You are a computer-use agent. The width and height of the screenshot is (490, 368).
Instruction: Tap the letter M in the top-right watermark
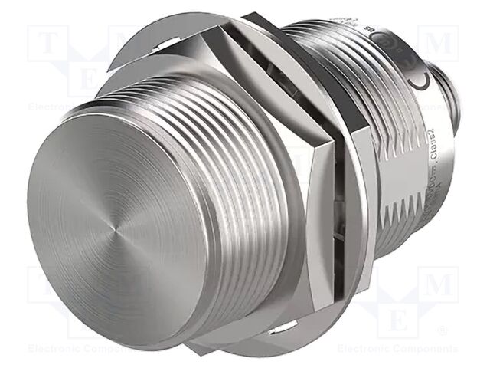[x=440, y=43]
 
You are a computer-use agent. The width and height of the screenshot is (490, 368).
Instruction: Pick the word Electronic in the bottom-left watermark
[x=46, y=348]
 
